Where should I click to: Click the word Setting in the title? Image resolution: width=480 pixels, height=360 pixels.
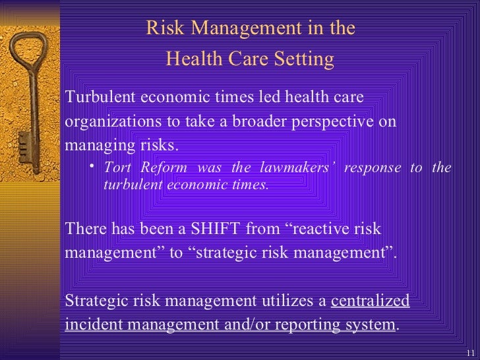(x=303, y=60)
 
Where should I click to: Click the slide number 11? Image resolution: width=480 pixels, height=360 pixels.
(x=470, y=352)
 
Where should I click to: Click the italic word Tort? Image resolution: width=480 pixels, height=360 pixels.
(x=117, y=167)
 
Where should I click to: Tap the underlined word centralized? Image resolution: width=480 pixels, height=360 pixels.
(x=370, y=301)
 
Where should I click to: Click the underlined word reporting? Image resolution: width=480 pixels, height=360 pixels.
(x=309, y=325)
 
